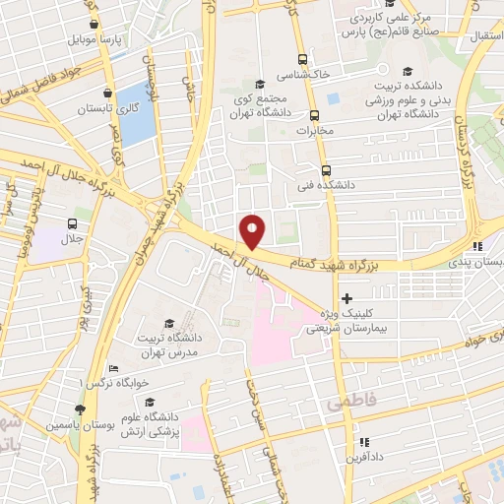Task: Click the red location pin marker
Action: pyautogui.click(x=253, y=231)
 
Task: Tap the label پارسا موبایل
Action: pyautogui.click(x=94, y=40)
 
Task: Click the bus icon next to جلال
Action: pyautogui.click(x=72, y=223)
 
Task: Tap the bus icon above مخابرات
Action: pyautogui.click(x=314, y=113)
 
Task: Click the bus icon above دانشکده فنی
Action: pyautogui.click(x=326, y=168)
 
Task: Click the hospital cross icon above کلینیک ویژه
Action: pyautogui.click(x=346, y=298)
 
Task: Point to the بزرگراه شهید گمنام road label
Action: pyautogui.click(x=335, y=262)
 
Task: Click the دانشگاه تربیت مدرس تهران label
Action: pyautogui.click(x=169, y=345)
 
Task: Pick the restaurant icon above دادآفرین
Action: pyautogui.click(x=364, y=442)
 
